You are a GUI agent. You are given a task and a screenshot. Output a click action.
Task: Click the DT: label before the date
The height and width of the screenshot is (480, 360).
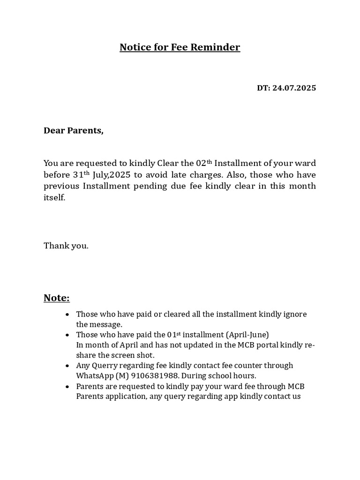[263, 88]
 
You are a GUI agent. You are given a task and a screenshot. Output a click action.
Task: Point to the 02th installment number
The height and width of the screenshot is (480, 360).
[204, 163]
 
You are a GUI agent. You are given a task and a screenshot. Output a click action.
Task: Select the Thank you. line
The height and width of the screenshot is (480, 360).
[66, 246]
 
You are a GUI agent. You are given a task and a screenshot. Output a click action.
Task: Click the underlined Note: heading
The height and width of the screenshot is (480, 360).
[57, 298]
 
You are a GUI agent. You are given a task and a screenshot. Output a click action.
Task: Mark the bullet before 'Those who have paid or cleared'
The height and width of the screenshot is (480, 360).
[68, 315]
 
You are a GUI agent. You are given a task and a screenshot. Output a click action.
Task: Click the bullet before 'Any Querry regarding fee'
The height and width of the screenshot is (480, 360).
[68, 366]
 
